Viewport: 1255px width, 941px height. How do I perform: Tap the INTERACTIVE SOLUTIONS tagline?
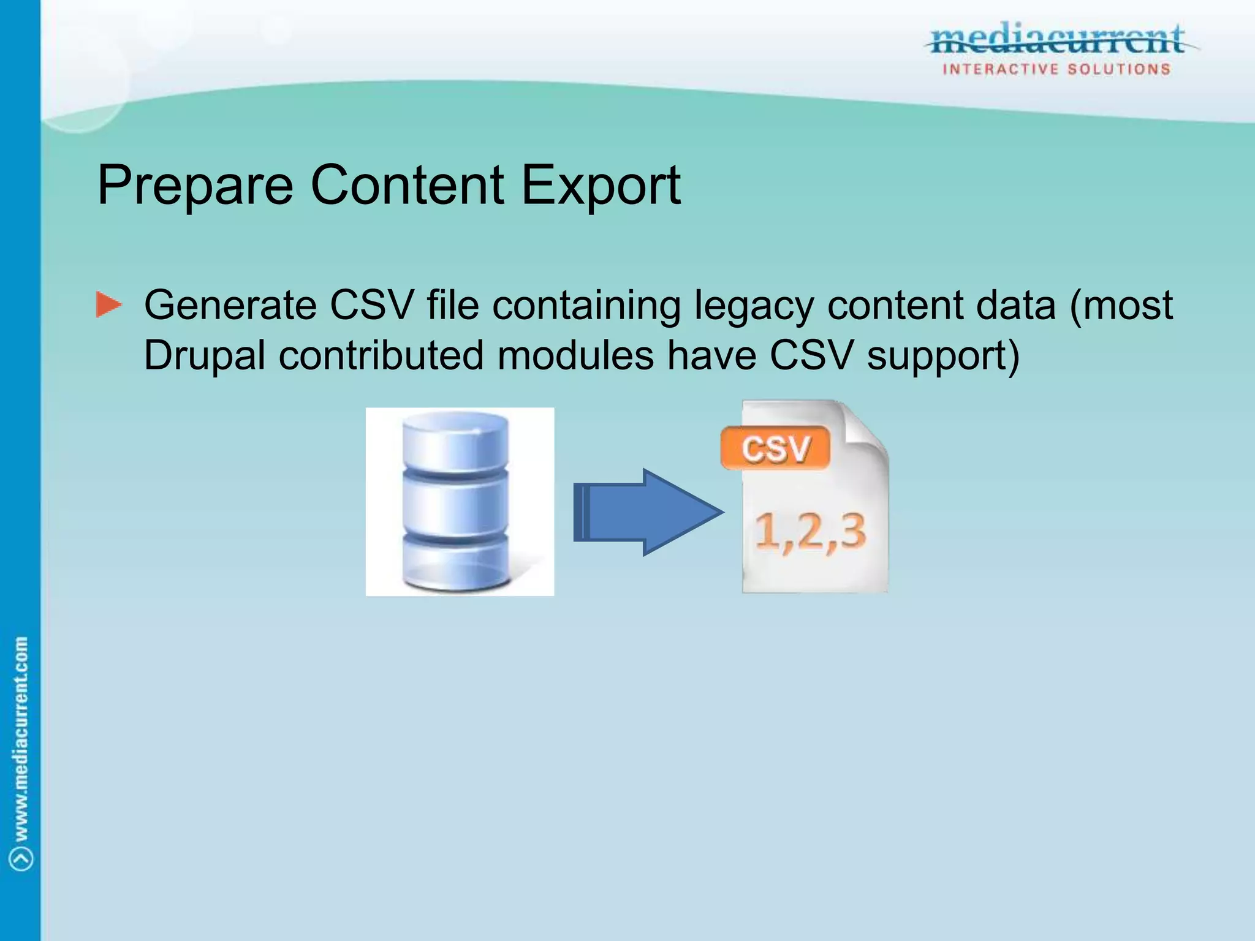point(1056,69)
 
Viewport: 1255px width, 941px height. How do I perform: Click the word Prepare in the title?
point(195,185)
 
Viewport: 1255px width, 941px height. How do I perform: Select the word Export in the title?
point(601,185)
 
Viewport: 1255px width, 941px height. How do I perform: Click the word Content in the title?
point(408,185)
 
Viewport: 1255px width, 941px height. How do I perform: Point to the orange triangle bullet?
point(108,305)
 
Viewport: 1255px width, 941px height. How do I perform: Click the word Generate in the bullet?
point(230,305)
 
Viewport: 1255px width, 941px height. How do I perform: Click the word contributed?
point(381,355)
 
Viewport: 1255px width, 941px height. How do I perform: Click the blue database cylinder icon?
point(457,501)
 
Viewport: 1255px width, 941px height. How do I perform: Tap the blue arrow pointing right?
point(650,512)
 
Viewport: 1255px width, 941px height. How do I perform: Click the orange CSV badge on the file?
point(775,448)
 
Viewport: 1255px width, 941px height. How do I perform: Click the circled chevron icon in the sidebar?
point(21,858)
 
